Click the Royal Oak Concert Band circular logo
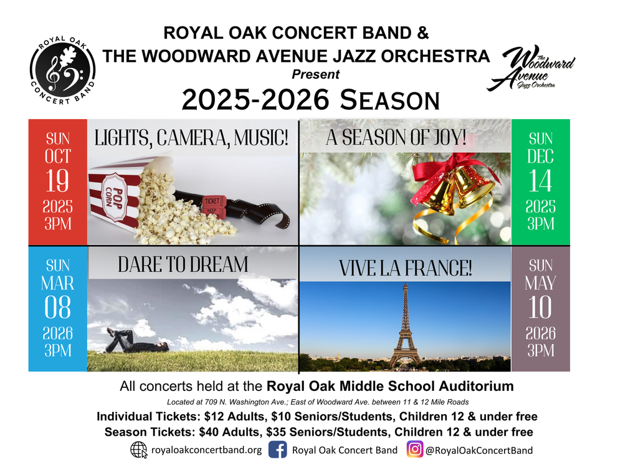point(63,70)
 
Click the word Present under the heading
point(316,74)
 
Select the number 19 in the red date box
point(57,181)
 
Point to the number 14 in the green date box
point(540,181)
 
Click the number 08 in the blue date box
point(57,307)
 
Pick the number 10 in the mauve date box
point(540,307)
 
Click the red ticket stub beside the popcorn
point(214,207)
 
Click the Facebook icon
point(278,450)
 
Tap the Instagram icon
point(414,450)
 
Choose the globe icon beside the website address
point(139,450)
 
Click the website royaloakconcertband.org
point(207,450)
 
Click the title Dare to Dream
point(183,264)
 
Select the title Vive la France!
point(406,268)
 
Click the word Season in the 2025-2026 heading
point(390,100)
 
